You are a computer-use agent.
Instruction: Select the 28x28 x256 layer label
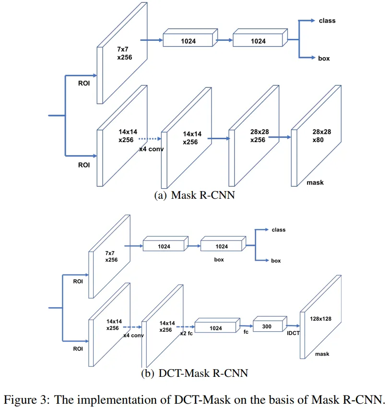tap(258, 135)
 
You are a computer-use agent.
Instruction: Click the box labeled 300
tap(268, 325)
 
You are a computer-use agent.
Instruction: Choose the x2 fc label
tap(186, 333)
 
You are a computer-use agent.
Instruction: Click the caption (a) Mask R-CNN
tap(194, 195)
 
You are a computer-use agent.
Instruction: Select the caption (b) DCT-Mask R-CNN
tap(194, 373)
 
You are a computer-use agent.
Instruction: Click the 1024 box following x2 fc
tap(215, 328)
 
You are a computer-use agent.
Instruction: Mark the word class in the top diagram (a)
tap(327, 21)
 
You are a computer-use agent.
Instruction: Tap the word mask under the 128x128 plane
tap(322, 354)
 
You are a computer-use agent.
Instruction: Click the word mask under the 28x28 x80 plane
tap(315, 182)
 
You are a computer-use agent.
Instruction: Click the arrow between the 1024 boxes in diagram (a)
tap(224, 41)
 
